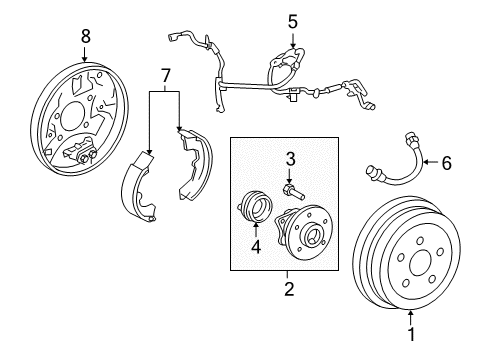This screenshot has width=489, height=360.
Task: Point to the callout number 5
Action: pyautogui.click(x=292, y=20)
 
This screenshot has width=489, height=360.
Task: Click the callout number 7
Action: pyautogui.click(x=165, y=75)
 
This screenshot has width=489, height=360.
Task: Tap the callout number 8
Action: pyautogui.click(x=85, y=35)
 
